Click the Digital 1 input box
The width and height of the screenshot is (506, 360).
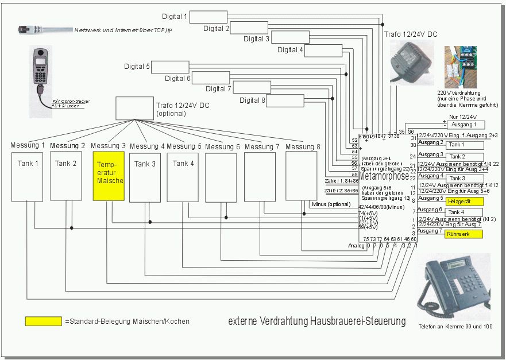point(208,17)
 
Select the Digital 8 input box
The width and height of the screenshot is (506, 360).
point(285,100)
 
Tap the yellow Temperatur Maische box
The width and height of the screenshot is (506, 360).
point(109,176)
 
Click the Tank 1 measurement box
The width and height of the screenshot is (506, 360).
point(27,176)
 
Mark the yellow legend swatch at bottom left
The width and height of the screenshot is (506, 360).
point(43,322)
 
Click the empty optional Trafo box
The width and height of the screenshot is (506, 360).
point(134,108)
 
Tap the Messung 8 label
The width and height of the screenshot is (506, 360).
point(303,147)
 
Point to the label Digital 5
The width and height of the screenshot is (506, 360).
point(137,67)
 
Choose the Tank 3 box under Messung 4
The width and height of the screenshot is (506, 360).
point(144,177)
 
